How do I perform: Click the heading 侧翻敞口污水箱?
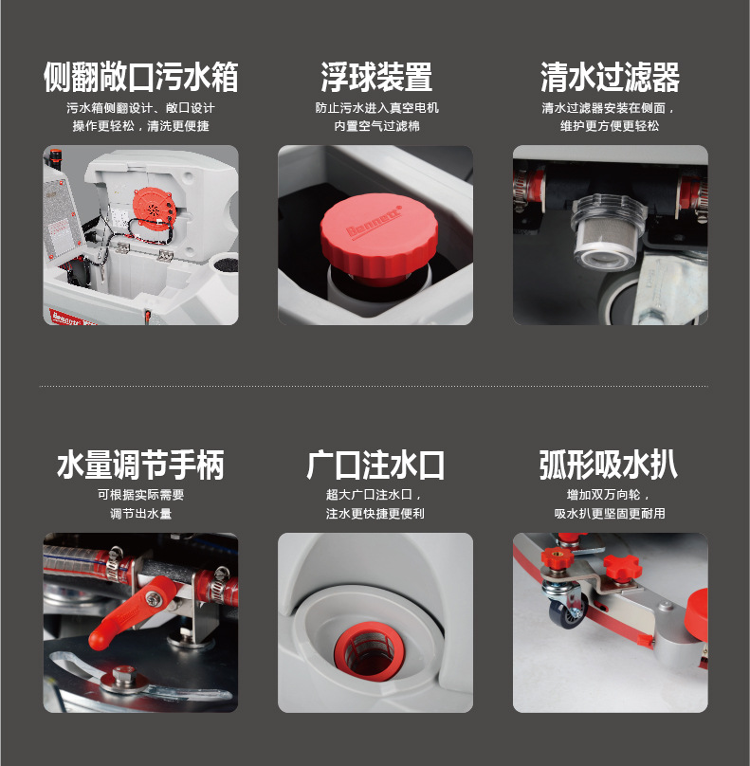[140, 77]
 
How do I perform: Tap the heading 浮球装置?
[376, 77]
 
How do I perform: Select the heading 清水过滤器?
[610, 77]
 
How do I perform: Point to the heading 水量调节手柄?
[140, 465]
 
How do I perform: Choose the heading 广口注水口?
[375, 465]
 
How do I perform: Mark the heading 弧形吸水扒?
[609, 465]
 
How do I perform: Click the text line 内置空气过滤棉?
[376, 126]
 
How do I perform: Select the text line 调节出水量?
[140, 514]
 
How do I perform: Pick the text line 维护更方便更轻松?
[610, 126]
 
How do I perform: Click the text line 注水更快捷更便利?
[375, 514]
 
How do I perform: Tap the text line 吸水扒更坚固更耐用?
[610, 514]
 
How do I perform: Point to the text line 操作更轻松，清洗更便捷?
[140, 126]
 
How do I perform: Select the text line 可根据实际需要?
[140, 495]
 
